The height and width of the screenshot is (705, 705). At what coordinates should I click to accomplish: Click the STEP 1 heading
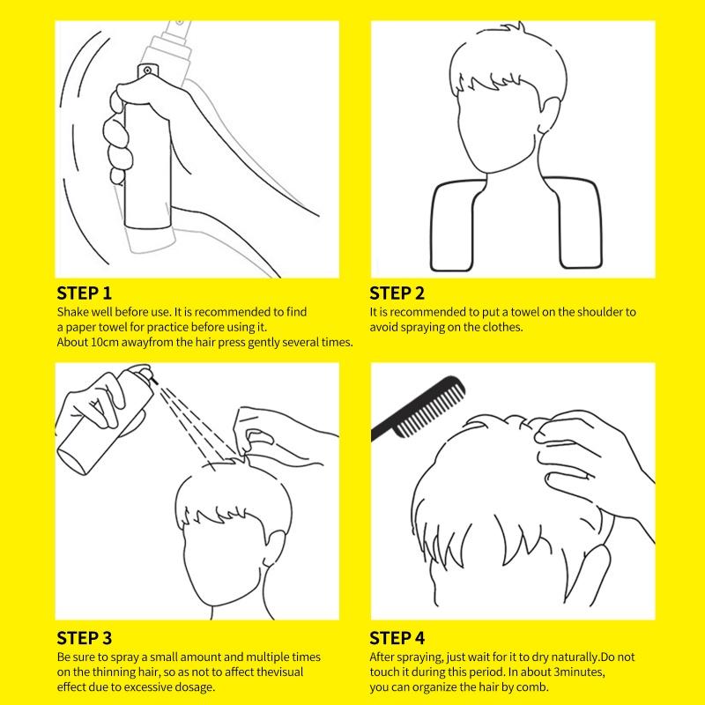click(84, 293)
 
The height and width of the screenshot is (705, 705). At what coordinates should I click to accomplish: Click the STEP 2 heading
click(397, 293)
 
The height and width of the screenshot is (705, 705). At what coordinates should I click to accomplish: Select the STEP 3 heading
click(84, 638)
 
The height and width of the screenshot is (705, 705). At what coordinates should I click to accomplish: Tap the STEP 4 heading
click(397, 638)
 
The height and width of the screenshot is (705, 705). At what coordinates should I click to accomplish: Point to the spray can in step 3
click(106, 420)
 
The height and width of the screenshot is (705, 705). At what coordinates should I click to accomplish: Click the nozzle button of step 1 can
click(147, 70)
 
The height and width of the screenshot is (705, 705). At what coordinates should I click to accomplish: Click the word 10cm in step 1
click(105, 342)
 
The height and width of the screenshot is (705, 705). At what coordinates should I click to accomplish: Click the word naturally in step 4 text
click(576, 657)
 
